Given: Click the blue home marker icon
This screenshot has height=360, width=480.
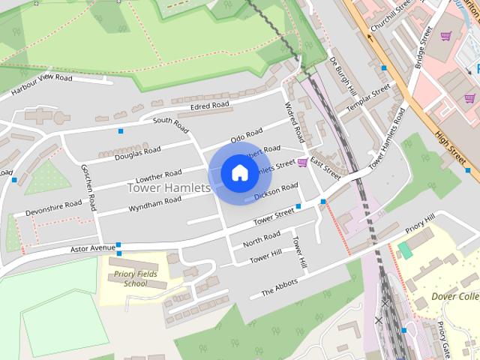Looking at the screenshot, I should (x=238, y=173).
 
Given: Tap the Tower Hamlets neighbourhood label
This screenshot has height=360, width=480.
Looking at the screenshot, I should (x=169, y=187).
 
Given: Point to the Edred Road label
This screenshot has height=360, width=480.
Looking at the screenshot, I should (x=209, y=106).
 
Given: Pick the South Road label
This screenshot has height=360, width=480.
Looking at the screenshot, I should (x=170, y=121).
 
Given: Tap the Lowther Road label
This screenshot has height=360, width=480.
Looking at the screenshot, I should (x=158, y=178).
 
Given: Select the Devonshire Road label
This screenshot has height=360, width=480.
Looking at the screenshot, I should (x=53, y=208).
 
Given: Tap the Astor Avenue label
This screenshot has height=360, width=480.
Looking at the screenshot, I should (x=94, y=247).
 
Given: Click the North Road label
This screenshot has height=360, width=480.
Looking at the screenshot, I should (x=262, y=239).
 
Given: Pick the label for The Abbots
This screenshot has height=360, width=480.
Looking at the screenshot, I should (x=279, y=287).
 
